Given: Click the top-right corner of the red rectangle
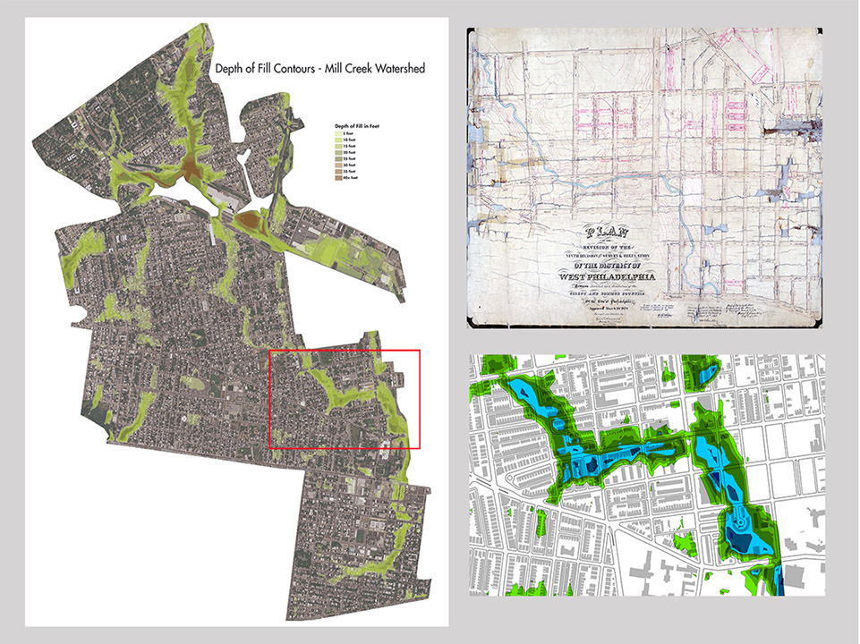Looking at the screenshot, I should pos(419,352).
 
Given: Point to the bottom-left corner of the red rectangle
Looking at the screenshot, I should pos(270,448).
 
